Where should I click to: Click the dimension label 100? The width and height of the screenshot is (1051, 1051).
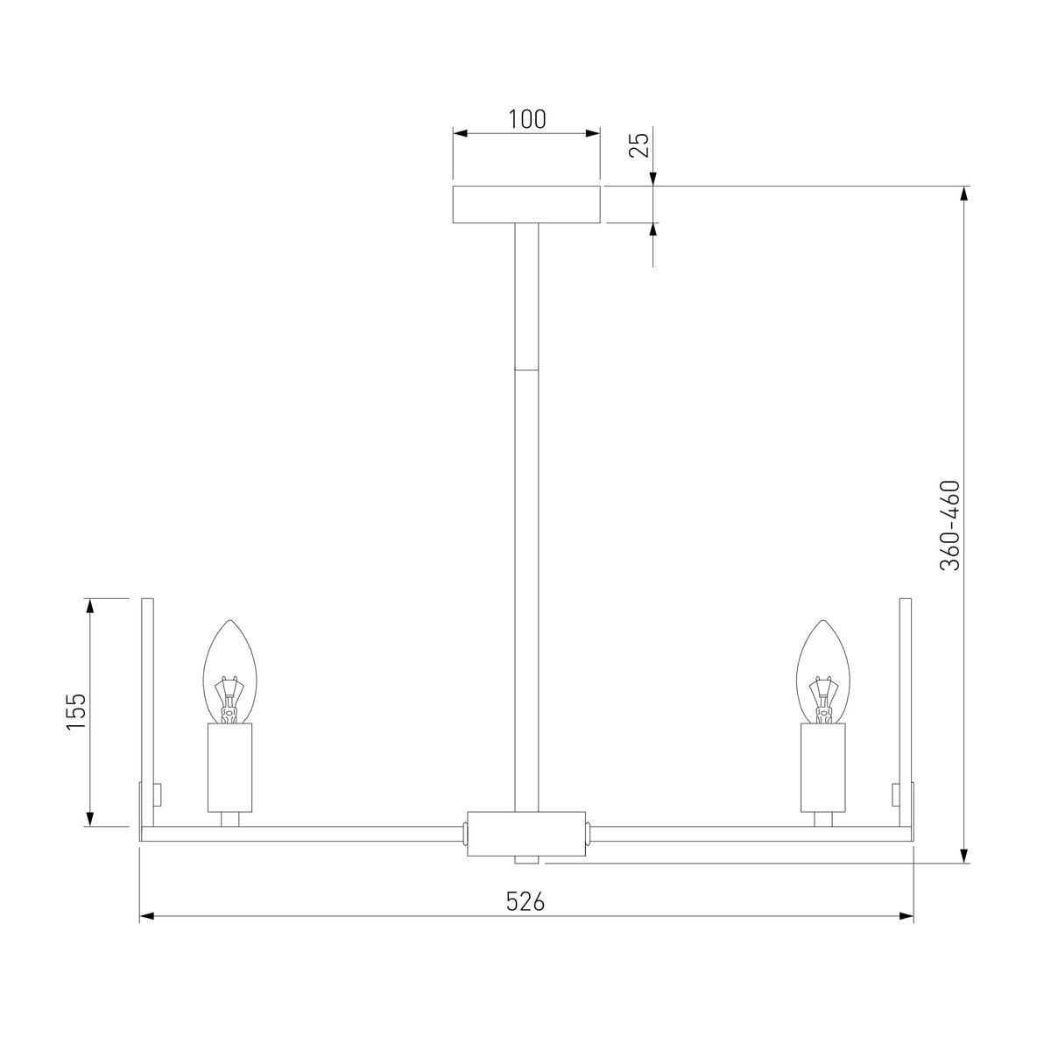point(526,119)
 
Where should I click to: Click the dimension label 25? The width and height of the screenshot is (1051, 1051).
point(640,145)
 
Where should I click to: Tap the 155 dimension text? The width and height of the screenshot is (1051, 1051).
point(76,712)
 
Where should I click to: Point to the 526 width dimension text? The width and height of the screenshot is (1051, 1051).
point(526,901)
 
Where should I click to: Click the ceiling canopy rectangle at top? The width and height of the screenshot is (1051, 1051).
point(526,204)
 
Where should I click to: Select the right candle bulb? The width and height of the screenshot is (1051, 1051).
point(823,670)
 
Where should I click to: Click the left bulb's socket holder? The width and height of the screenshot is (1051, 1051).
point(229,767)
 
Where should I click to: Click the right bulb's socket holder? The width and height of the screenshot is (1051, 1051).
point(823,767)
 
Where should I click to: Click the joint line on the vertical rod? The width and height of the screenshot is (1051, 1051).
point(526,370)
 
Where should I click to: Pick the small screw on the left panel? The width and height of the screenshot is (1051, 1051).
point(159,794)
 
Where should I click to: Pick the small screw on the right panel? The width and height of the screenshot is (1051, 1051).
point(895,794)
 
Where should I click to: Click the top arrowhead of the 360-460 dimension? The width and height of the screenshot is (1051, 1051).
point(965,194)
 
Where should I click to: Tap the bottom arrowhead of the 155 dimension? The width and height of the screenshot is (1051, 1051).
point(89,819)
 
